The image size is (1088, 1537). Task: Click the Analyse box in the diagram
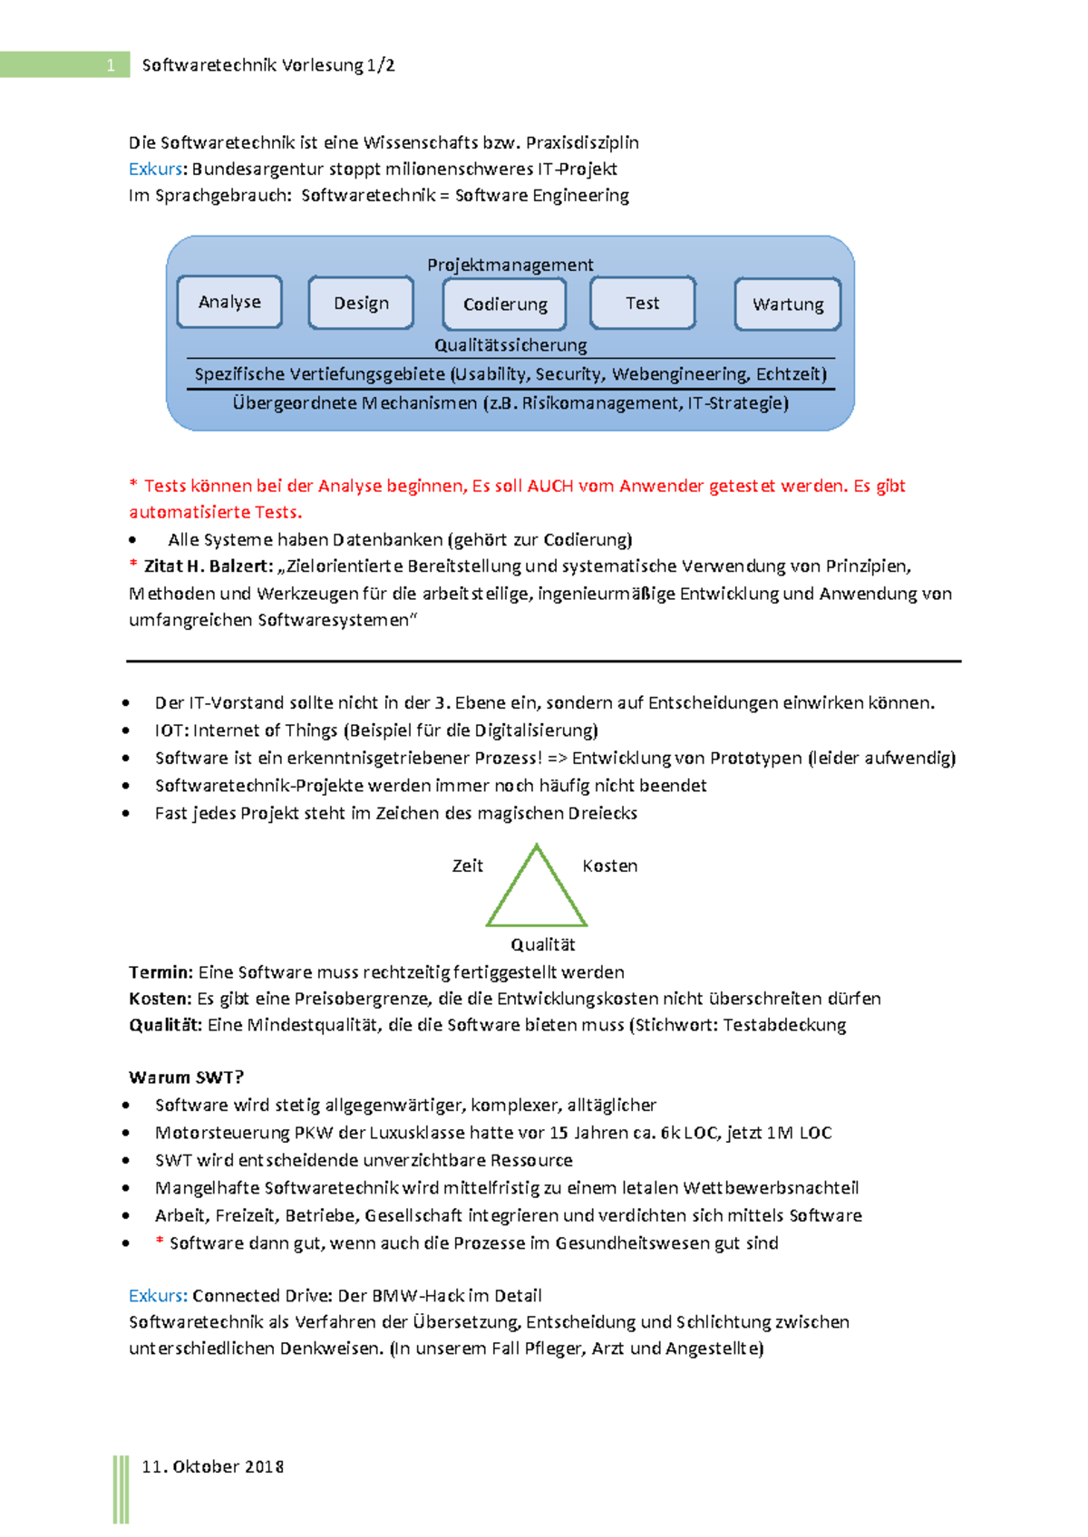click(x=229, y=302)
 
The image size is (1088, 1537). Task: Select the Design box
click(x=361, y=303)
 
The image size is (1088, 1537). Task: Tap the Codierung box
click(x=505, y=304)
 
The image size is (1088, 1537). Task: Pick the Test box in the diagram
click(x=643, y=303)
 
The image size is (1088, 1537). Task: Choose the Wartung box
click(x=788, y=304)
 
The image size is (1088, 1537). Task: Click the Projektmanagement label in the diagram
click(x=510, y=265)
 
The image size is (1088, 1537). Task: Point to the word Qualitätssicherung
click(x=510, y=345)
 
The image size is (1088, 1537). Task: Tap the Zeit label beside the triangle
click(x=468, y=865)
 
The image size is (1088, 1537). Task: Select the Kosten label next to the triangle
click(x=609, y=865)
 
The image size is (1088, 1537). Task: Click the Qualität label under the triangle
click(x=542, y=944)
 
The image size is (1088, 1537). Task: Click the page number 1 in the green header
click(x=111, y=64)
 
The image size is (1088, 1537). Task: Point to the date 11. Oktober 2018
click(x=213, y=1466)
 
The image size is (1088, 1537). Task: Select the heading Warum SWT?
click(x=186, y=1078)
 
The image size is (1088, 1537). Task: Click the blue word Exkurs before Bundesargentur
click(x=157, y=169)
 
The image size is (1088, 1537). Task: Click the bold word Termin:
click(x=160, y=972)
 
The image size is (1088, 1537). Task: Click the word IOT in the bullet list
click(x=170, y=730)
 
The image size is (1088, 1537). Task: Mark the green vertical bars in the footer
click(x=121, y=1489)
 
